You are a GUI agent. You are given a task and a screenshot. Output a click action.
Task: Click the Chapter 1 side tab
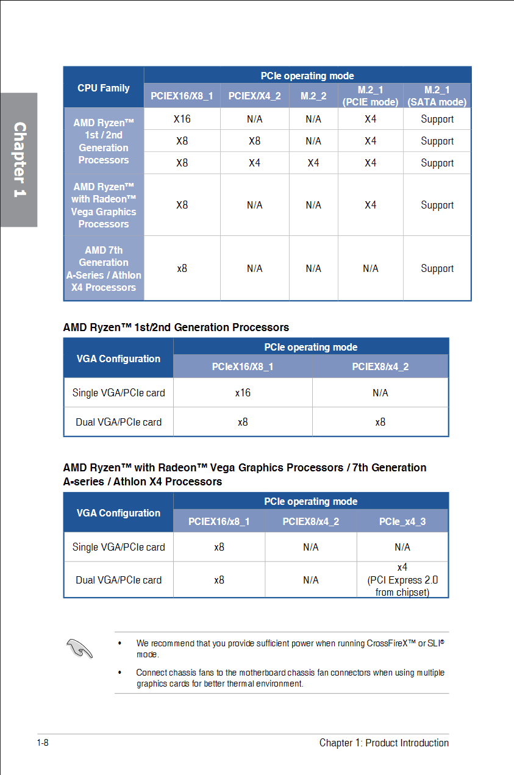point(20,160)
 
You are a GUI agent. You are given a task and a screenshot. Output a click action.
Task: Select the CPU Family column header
point(104,88)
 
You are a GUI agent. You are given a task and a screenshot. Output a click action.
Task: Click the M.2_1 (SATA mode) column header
point(437,96)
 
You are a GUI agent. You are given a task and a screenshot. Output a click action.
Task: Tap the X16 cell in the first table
point(182,119)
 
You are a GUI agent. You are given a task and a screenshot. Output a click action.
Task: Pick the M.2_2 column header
point(313,96)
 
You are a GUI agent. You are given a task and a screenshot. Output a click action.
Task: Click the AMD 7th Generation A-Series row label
point(104,268)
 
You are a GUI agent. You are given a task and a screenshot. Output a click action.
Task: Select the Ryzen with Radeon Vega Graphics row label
point(104,205)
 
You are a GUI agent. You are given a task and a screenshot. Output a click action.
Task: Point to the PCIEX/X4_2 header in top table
point(255,96)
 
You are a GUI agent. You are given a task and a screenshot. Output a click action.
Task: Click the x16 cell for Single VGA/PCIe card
point(243,393)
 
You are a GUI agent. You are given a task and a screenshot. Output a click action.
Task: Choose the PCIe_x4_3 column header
point(402,521)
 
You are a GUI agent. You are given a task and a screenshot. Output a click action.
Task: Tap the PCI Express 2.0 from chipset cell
point(402,580)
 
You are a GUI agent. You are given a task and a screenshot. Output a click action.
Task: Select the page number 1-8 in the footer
point(43,743)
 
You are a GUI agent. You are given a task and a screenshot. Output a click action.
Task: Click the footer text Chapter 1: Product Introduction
point(384,743)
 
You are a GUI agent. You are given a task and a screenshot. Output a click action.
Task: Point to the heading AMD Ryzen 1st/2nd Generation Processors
point(176,327)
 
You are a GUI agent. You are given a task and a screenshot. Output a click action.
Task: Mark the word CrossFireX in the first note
point(391,643)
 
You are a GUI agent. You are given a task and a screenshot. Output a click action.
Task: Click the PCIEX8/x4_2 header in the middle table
point(380,366)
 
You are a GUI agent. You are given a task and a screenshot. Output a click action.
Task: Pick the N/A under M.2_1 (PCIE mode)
point(371,268)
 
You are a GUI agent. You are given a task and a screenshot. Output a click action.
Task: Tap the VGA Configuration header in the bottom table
point(118,513)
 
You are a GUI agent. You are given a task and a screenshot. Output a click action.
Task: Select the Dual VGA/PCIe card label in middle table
point(118,422)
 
